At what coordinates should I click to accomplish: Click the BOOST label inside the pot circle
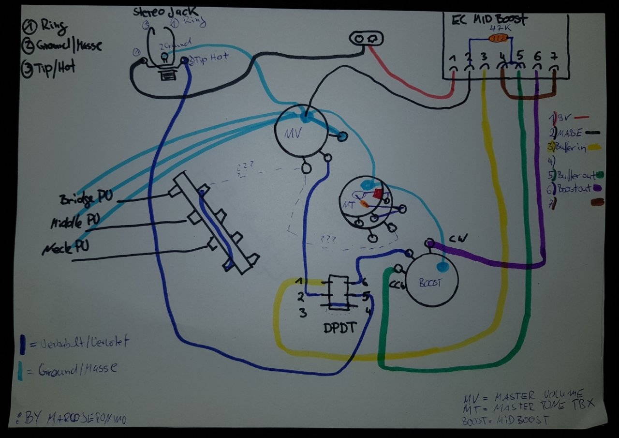(x=430, y=283)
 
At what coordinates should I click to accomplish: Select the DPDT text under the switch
(x=339, y=328)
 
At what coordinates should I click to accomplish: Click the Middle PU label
(x=75, y=222)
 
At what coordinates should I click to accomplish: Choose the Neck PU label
(x=66, y=247)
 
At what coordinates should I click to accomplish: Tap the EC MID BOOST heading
(x=489, y=20)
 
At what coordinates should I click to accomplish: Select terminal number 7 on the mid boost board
(x=554, y=56)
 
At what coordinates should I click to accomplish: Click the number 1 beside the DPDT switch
(x=300, y=281)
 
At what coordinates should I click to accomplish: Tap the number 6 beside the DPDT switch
(x=365, y=281)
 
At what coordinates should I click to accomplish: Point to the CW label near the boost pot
(x=456, y=240)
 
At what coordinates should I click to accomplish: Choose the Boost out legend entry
(x=574, y=188)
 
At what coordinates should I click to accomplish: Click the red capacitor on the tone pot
(x=377, y=194)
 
